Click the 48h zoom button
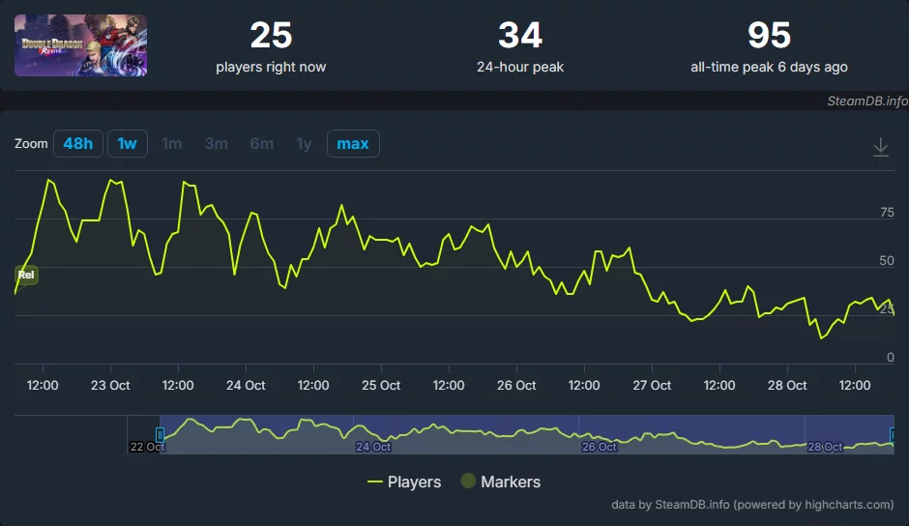pos(78,144)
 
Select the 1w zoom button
pos(127,144)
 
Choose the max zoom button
pos(353,144)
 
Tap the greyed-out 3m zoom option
pos(216,144)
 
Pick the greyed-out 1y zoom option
pos(304,144)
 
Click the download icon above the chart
pos(880,146)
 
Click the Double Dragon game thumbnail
pos(81,45)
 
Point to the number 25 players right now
pos(271,37)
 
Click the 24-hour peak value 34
pos(520,37)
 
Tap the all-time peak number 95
pos(769,37)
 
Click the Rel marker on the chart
pos(27,276)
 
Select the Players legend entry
pos(404,482)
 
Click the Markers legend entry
pos(500,482)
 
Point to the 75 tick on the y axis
pos(886,213)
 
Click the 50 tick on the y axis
pos(886,261)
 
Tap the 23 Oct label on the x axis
pos(110,385)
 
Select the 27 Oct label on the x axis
pos(652,385)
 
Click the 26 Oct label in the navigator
pos(600,447)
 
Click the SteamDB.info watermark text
pos(867,100)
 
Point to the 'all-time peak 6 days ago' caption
pos(769,68)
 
